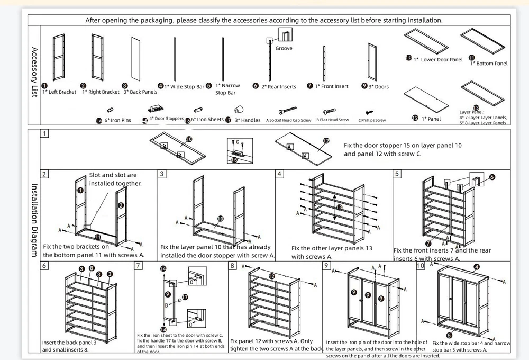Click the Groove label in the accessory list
[284, 48]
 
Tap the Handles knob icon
[239, 110]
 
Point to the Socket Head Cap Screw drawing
[289, 111]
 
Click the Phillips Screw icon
[370, 112]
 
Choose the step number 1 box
[45, 133]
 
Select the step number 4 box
[280, 174]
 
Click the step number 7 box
[139, 265]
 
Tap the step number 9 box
[327, 265]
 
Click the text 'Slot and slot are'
[113, 175]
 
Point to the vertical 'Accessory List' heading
[34, 72]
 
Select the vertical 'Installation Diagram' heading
[34, 220]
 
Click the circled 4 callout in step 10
[477, 267]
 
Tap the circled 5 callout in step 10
[450, 334]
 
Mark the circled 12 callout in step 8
[271, 276]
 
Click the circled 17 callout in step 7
[185, 297]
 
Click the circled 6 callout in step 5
[492, 177]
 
